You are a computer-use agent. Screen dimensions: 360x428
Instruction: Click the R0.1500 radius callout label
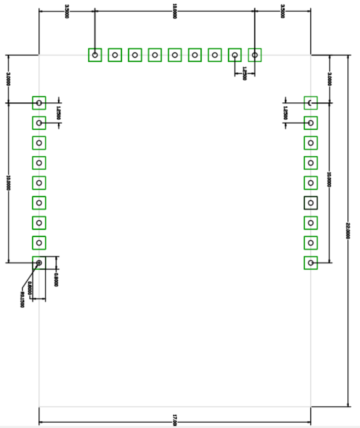click(21, 300)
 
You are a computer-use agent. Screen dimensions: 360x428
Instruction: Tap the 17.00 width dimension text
click(175, 422)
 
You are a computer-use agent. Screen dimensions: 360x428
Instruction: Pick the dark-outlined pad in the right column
click(310, 203)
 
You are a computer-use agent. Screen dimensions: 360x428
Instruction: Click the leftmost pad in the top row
click(95, 55)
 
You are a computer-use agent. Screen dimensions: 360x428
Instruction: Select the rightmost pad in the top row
click(255, 55)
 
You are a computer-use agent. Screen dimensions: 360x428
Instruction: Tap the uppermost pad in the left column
click(39, 103)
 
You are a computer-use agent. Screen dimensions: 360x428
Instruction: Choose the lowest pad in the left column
click(39, 263)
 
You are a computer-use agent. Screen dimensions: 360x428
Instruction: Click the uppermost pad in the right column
click(310, 103)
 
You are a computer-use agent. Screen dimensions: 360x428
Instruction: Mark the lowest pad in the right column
click(310, 263)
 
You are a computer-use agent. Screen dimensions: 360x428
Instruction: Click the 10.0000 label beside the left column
click(8, 183)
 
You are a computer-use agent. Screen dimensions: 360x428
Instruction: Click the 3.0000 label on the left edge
click(8, 79)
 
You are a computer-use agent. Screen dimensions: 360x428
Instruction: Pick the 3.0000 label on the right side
click(330, 79)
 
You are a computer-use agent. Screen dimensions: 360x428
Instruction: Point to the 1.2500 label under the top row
click(244, 74)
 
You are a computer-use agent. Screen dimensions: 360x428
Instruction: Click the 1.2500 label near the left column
click(58, 113)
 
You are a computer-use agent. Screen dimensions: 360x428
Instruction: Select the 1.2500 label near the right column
click(285, 113)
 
